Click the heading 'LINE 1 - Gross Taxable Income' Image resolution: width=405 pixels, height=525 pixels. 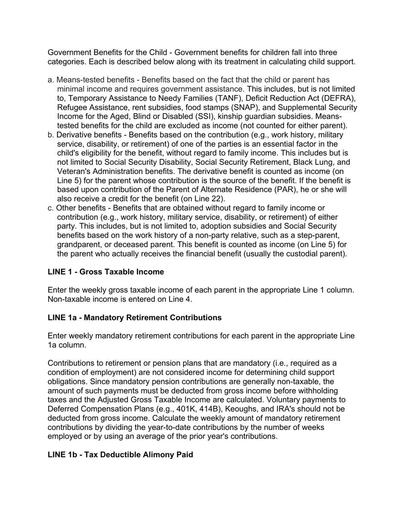pyautogui.click(x=106, y=272)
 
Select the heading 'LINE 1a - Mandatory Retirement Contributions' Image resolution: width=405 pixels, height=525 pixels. pyautogui.click(x=135, y=318)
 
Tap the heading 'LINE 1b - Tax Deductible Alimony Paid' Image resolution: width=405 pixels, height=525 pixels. pyautogui.click(x=120, y=455)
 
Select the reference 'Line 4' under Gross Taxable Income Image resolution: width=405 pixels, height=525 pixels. pyautogui.click(x=182, y=299)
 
